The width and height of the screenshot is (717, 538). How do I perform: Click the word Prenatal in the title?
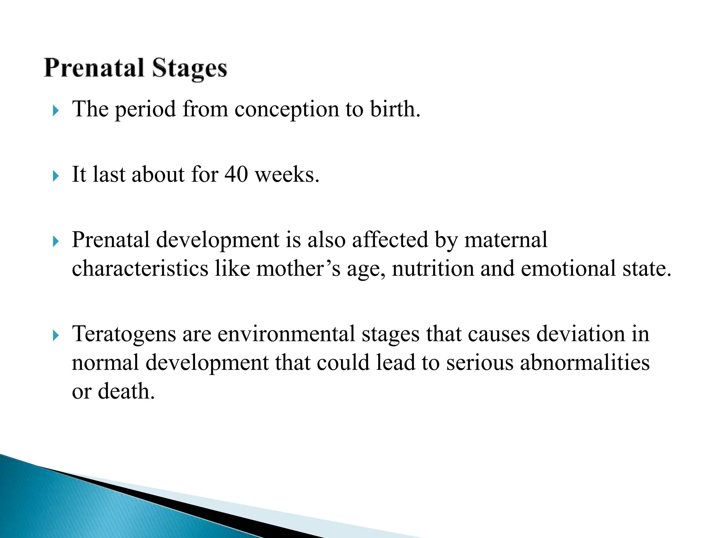94,68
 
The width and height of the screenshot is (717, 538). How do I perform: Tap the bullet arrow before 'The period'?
56,111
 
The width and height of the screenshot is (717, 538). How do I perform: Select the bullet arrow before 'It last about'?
56,176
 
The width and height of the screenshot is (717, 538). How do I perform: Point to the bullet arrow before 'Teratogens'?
56,336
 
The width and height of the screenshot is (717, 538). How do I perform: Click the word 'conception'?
286,109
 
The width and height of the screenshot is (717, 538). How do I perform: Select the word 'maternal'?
506,240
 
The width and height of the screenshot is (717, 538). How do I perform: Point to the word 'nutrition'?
433,269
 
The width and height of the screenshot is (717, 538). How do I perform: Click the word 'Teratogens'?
124,334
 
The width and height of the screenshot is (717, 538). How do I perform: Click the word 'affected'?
390,240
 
